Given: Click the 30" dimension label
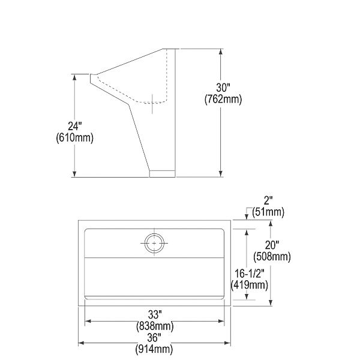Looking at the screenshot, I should pyautogui.click(x=223, y=88).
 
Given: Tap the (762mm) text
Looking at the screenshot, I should pyautogui.click(x=223, y=100).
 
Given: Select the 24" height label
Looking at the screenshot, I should pyautogui.click(x=74, y=126).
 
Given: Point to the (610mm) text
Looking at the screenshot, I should pyautogui.click(x=74, y=137).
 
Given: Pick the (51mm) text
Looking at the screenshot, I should pyautogui.click(x=268, y=212).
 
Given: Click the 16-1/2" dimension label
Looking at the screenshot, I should pyautogui.click(x=251, y=274).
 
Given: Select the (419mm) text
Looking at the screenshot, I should pyautogui.click(x=251, y=285).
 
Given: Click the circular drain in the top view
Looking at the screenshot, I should pyautogui.click(x=154, y=243).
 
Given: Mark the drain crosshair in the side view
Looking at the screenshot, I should pyautogui.click(x=153, y=103).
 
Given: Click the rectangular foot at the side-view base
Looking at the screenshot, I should pyautogui.click(x=161, y=173).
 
